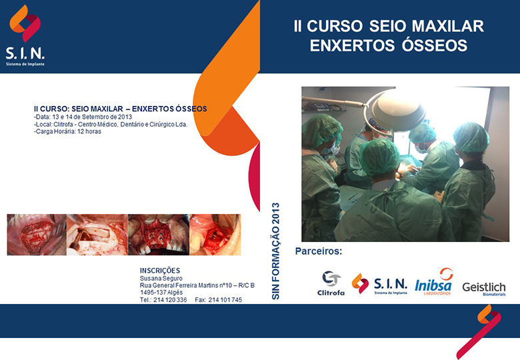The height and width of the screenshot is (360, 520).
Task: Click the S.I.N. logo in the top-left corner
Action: tap(25, 35)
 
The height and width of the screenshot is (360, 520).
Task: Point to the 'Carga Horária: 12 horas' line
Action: tap(67, 131)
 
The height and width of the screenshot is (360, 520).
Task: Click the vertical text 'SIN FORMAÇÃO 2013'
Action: tap(275, 251)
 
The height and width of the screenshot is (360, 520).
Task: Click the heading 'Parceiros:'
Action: tap(319, 251)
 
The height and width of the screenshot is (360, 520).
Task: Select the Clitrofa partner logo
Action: tap(331, 283)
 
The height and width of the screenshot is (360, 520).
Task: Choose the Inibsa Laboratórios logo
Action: tap(434, 282)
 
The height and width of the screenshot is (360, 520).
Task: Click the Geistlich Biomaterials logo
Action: tap(484, 289)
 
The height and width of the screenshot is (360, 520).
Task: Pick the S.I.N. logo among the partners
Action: tap(379, 284)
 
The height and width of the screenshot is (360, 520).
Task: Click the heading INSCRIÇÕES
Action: tap(160, 271)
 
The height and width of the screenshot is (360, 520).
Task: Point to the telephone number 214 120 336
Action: tap(170, 300)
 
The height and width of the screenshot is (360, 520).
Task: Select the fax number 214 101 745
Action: tap(225, 300)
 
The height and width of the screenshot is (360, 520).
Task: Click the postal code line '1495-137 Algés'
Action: tap(161, 293)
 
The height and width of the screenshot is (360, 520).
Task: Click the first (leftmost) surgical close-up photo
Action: tap(37, 235)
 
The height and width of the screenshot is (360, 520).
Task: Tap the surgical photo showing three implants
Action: tap(159, 235)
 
